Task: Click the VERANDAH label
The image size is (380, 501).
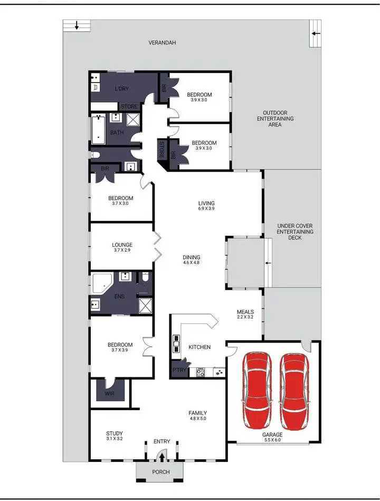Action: coord(161,42)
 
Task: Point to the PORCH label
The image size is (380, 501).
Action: coord(161,472)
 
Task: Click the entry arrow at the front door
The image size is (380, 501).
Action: coord(162,458)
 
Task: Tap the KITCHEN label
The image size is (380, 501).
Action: coord(199,347)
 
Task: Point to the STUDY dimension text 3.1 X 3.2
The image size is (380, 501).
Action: coord(115,438)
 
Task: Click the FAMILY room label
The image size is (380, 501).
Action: coord(198,413)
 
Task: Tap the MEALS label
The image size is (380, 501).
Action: coord(245,312)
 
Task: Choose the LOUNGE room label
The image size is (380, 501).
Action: coord(122,245)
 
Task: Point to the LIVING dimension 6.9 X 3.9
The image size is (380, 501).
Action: coord(206,209)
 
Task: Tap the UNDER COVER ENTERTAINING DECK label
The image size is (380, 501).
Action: coord(295,231)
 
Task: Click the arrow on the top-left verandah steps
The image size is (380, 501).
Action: coord(77,25)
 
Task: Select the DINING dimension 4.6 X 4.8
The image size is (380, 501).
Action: coord(192,263)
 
